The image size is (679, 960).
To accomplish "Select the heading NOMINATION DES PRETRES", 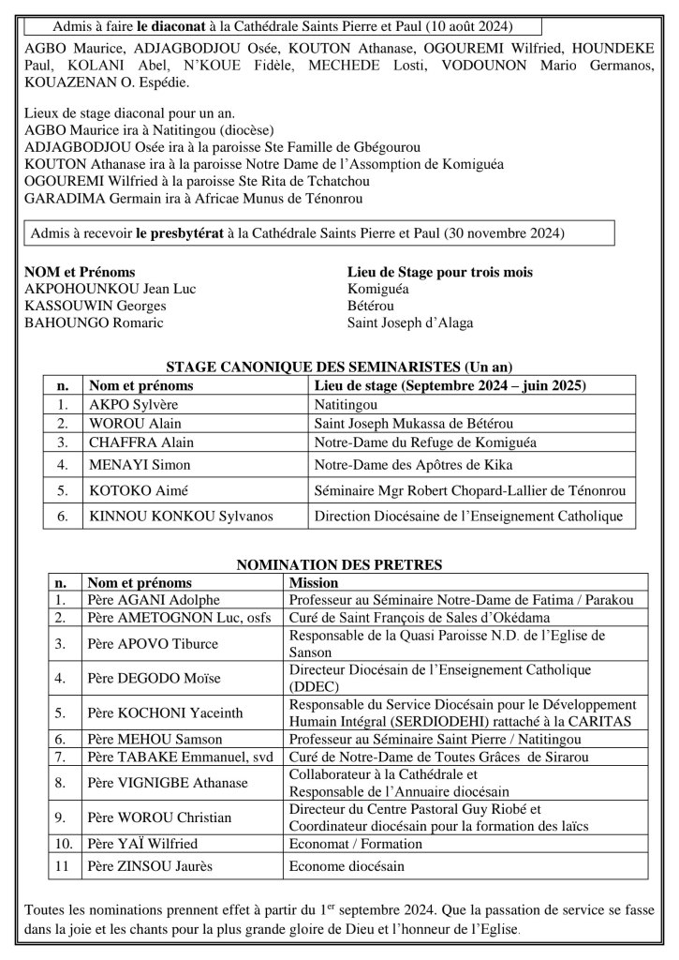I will [x=338, y=564].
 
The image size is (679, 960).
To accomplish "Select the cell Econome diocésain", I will [x=347, y=866].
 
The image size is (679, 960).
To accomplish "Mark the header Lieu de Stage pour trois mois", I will [x=440, y=272].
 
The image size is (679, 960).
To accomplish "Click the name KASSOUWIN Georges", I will [x=96, y=306].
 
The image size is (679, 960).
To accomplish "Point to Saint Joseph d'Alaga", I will [x=410, y=322].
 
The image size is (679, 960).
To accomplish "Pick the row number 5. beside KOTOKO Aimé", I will [x=63, y=489].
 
